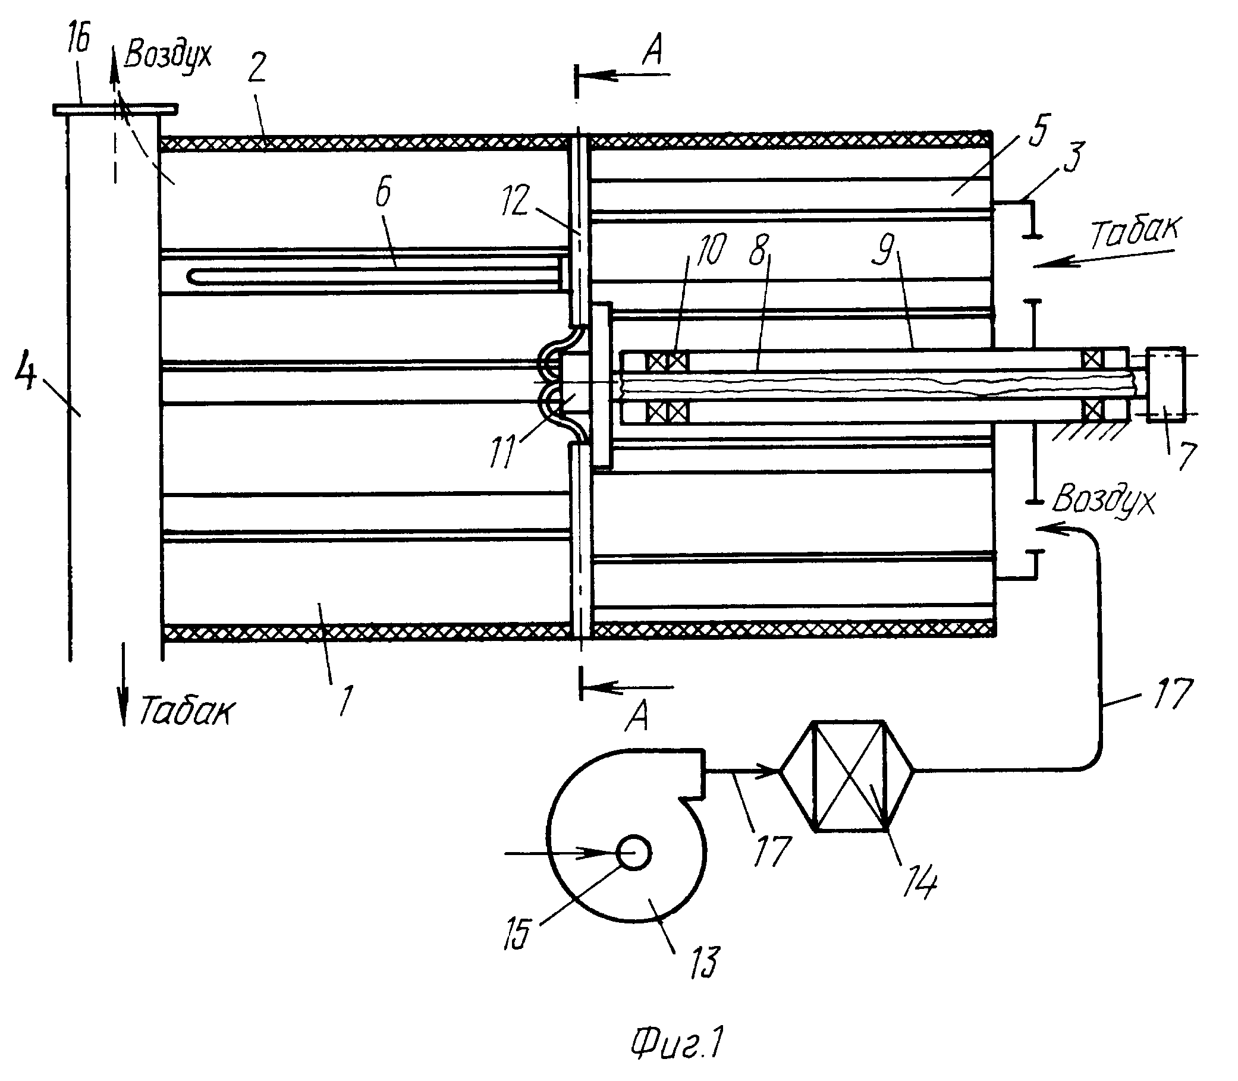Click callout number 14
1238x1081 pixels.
point(918,882)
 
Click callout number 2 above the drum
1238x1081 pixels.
point(256,68)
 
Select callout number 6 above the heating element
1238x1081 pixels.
point(382,191)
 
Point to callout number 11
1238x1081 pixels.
point(502,452)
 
